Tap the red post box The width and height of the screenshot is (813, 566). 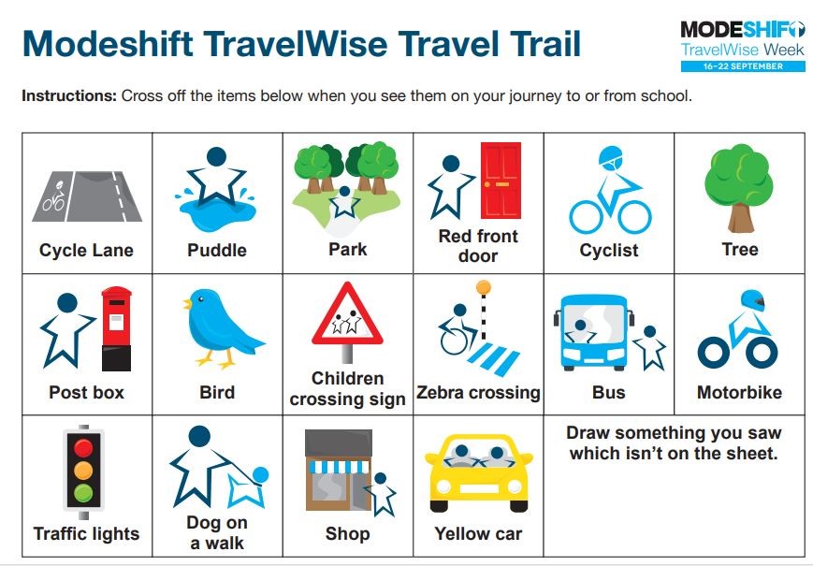tap(117, 327)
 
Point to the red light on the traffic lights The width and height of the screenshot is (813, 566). tap(84, 446)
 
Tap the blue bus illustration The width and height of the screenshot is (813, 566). tap(591, 331)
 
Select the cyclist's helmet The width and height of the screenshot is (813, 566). tap(610, 157)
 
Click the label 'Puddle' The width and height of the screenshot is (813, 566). tap(217, 250)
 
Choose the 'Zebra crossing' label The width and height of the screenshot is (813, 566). tap(478, 392)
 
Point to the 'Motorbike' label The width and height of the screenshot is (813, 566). tap(739, 392)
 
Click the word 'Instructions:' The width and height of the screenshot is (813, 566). tap(68, 96)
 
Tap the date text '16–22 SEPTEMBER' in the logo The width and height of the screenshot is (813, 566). tap(742, 66)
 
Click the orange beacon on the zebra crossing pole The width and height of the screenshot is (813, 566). tap(483, 286)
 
